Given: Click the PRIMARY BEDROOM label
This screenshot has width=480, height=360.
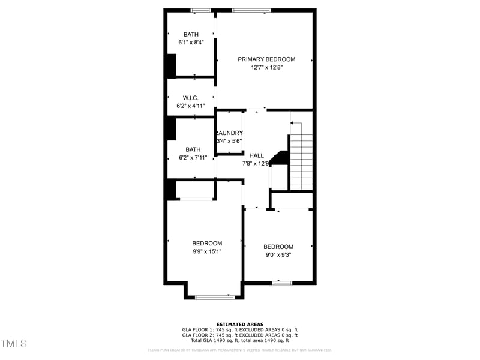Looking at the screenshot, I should click(x=266, y=59).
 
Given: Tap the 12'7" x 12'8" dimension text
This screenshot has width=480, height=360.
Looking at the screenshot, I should click(x=266, y=68).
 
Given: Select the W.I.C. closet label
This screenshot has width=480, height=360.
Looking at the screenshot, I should click(x=191, y=97).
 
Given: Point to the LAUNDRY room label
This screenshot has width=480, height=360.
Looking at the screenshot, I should click(x=230, y=133).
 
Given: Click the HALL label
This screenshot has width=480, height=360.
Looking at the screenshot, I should click(x=256, y=155).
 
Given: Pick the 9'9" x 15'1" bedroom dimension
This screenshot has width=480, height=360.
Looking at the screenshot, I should click(x=207, y=251).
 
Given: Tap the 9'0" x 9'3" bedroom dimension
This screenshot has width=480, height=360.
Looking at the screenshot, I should click(x=278, y=255).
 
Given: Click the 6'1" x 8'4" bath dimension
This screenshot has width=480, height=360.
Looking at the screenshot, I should click(x=191, y=43).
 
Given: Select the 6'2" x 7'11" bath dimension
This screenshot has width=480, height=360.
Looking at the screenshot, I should click(x=193, y=158).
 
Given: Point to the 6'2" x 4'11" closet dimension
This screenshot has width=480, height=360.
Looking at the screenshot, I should click(x=191, y=106).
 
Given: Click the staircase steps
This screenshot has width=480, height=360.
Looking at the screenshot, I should click(x=301, y=162).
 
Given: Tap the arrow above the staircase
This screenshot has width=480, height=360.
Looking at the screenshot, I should click(x=294, y=122).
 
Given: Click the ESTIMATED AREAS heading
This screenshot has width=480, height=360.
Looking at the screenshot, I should click(x=239, y=324).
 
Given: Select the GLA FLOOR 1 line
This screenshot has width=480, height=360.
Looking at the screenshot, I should click(x=239, y=329).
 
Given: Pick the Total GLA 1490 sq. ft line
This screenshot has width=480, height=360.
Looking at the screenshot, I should click(x=239, y=340).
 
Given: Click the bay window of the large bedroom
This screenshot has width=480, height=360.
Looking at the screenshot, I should click(x=215, y=296).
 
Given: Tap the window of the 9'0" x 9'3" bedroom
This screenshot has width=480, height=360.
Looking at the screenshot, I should click(x=282, y=282).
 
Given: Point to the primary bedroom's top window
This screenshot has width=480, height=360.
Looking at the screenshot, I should click(x=251, y=10).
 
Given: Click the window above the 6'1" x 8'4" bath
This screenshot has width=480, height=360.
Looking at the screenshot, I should click(x=201, y=10).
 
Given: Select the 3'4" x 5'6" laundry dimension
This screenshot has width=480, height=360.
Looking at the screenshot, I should click(x=229, y=141).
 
